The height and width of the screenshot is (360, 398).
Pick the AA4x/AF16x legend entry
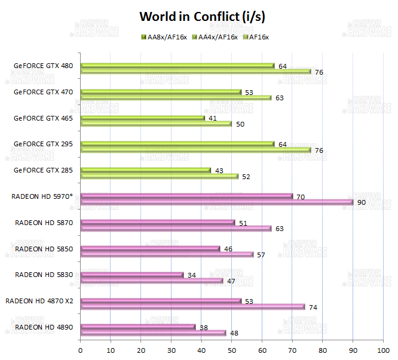[215, 37]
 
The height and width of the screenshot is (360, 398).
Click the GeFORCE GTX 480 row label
[43, 66]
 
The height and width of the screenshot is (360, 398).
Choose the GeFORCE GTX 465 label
[43, 118]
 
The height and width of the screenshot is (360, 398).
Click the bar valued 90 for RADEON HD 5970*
[216, 202]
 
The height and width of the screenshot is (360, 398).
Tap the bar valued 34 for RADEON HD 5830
[131, 275]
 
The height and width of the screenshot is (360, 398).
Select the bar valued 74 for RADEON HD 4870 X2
[192, 307]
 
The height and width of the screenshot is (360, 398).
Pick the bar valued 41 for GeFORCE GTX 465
[142, 118]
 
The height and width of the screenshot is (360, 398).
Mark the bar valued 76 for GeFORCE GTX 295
[195, 150]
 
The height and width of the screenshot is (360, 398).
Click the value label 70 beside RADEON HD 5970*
[300, 196]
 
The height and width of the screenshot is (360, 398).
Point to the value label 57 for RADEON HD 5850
[261, 255]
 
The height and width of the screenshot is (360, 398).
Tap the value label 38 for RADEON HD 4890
[203, 327]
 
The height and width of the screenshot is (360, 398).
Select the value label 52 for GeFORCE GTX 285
[246, 177]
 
